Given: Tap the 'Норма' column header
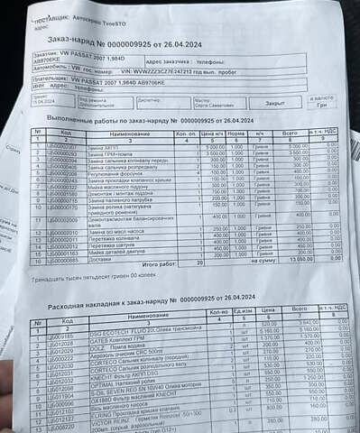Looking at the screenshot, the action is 236,134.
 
